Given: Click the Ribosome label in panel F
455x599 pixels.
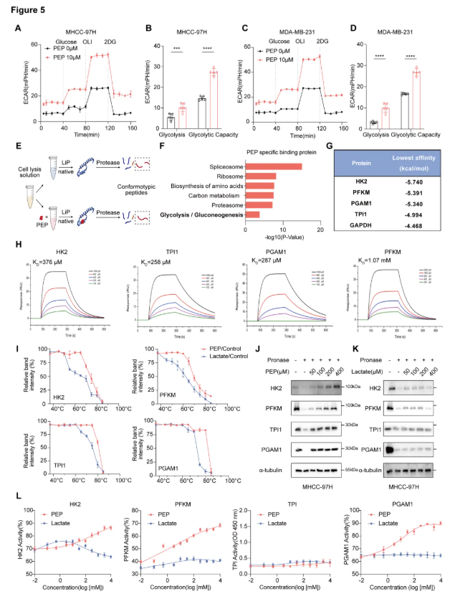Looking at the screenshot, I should [x=229, y=176].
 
